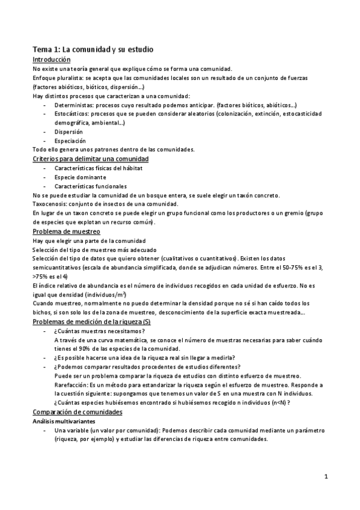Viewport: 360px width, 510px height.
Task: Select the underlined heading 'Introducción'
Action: pyautogui.click(x=51, y=60)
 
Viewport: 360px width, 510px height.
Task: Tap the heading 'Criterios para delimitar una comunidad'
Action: pyautogui.click(x=90, y=158)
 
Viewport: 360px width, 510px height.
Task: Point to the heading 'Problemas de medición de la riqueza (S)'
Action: pyautogui.click(x=91, y=322)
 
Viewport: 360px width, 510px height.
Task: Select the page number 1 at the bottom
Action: pyautogui.click(x=325, y=477)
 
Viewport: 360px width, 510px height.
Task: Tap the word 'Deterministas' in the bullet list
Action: pyautogui.click(x=73, y=104)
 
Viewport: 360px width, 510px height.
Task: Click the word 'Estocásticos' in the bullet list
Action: pyautogui.click(x=72, y=113)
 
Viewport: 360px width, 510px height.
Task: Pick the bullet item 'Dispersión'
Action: pyautogui.click(x=68, y=131)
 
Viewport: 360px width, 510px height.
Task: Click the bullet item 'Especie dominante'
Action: pyautogui.click(x=80, y=177)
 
